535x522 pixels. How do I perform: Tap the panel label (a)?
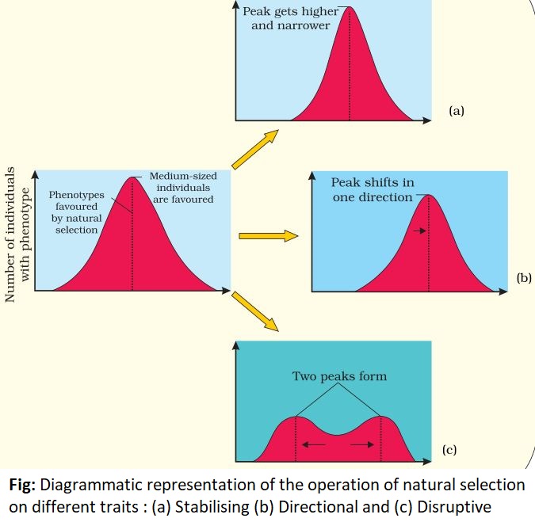click(456, 112)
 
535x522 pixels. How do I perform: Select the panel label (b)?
click(523, 278)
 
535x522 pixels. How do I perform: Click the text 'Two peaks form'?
click(339, 376)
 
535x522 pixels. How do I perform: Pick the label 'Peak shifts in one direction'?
click(373, 190)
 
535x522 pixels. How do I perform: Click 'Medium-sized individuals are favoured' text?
click(182, 188)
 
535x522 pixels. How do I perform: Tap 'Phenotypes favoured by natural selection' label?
click(75, 211)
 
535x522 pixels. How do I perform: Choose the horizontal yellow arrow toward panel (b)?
click(267, 235)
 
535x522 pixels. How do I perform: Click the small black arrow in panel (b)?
click(418, 231)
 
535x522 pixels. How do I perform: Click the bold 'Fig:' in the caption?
click(24, 484)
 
